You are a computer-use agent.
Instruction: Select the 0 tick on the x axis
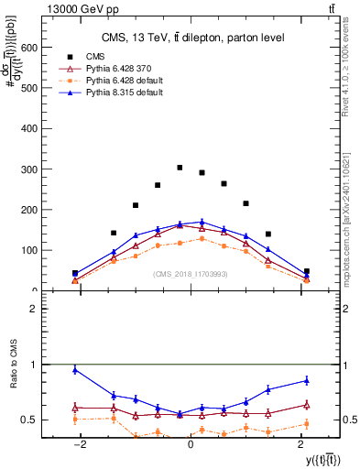(191, 444)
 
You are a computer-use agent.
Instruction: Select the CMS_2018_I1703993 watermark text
(191, 273)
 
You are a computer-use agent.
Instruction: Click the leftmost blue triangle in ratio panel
(75, 370)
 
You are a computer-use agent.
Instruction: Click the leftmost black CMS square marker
(75, 273)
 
